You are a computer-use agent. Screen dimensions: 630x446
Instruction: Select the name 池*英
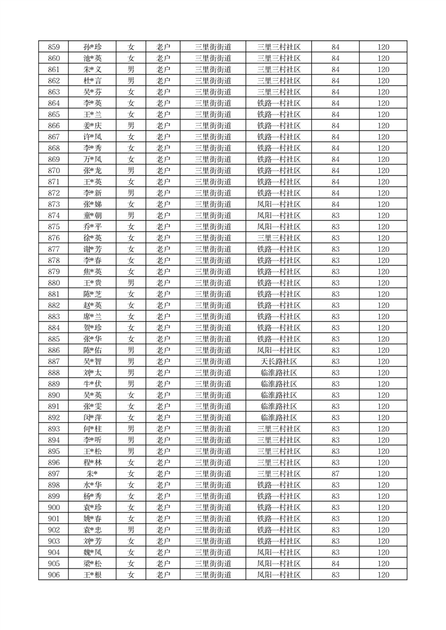tap(92, 58)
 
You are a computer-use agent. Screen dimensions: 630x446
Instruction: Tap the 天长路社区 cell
tap(279, 362)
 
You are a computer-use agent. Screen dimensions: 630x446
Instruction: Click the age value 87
tap(335, 474)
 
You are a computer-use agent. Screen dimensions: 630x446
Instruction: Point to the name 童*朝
tap(92, 216)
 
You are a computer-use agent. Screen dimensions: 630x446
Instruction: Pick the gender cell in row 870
tap(130, 171)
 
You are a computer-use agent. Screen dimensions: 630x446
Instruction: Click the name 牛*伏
tap(92, 384)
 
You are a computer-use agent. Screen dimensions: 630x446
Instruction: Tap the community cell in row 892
tap(279, 418)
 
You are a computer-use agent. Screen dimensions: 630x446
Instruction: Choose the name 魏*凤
tap(92, 553)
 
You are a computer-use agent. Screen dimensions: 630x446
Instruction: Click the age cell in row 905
tap(335, 564)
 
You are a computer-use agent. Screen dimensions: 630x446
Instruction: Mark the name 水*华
tap(92, 485)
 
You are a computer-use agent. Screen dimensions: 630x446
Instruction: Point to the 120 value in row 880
tap(383, 283)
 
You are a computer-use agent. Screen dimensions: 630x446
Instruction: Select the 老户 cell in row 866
tap(163, 126)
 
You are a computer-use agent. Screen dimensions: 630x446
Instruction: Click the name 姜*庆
tap(92, 126)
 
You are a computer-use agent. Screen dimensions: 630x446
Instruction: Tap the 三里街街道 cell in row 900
tap(213, 508)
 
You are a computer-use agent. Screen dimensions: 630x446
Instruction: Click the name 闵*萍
tap(92, 418)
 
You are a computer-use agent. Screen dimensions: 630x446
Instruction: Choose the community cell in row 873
tap(279, 204)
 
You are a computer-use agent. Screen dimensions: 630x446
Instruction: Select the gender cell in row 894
tap(130, 440)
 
